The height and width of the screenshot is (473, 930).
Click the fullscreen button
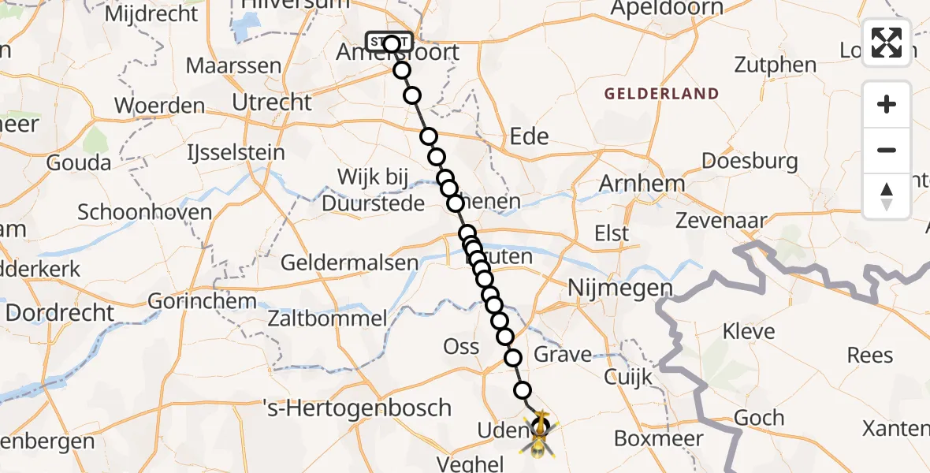click(887, 43)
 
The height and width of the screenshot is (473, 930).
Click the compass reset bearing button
click(887, 196)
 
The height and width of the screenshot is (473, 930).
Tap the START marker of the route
click(389, 41)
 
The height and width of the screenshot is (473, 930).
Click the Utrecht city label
click(272, 102)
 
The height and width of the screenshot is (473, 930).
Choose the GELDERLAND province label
click(661, 94)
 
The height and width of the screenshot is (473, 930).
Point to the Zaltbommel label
click(327, 319)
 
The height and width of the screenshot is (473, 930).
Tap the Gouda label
click(79, 163)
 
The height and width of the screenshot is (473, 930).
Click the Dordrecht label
click(60, 312)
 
